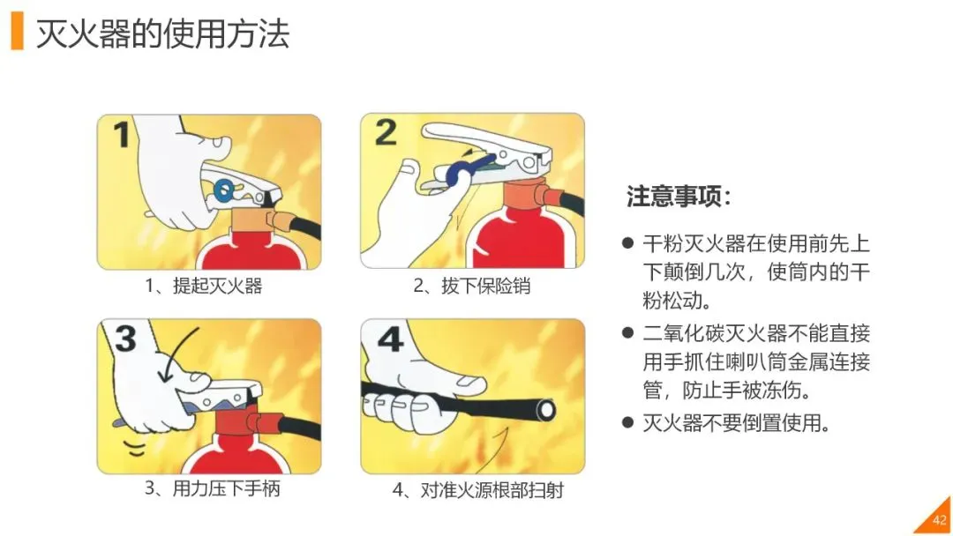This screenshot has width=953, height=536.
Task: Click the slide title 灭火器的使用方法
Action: [162, 33]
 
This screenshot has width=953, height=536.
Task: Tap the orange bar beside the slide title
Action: [17, 32]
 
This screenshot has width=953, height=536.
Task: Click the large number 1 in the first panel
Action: [122, 135]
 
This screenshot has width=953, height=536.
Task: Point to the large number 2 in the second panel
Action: [386, 132]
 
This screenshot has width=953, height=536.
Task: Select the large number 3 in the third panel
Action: [125, 339]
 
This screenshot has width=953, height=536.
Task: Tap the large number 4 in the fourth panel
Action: [390, 339]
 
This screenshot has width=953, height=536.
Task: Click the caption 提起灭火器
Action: [218, 286]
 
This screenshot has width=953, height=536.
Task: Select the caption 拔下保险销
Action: [485, 286]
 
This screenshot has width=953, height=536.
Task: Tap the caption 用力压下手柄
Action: [226, 488]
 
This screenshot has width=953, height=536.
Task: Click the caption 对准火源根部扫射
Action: [492, 489]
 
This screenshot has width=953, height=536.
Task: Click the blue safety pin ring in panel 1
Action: [223, 190]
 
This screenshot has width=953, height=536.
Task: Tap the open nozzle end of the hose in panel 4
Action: [546, 410]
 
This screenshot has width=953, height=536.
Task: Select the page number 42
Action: [940, 519]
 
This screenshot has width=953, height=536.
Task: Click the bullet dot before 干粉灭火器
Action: [628, 244]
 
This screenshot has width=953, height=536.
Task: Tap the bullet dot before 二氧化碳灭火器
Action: [628, 332]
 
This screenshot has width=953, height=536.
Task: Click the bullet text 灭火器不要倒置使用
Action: [736, 422]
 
